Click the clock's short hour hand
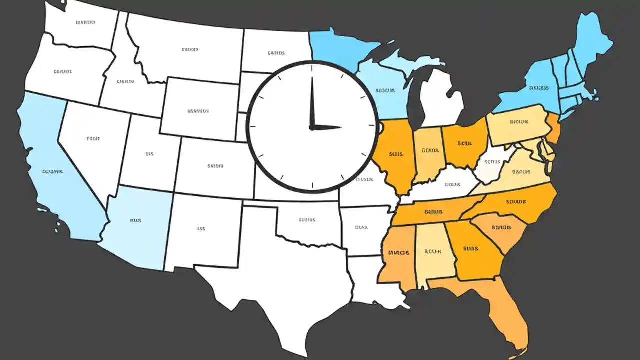(327, 127)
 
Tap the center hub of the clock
(312, 127)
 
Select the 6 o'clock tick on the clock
(312, 185)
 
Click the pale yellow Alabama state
(434, 252)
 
